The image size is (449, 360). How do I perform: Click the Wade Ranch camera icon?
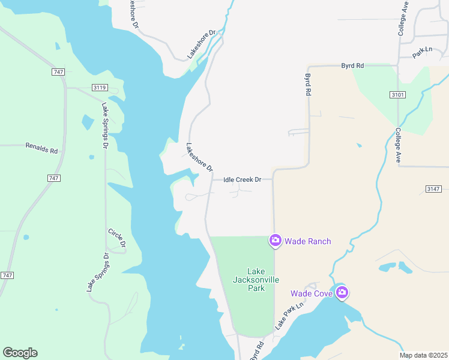tap(275, 241)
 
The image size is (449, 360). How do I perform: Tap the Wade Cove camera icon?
tap(342, 293)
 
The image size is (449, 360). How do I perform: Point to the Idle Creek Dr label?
tap(243, 179)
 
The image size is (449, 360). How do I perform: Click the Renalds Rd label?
tap(41, 146)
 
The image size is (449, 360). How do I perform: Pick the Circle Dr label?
tap(117, 238)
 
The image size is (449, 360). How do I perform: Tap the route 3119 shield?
tap(100, 88)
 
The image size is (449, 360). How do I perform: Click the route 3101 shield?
tap(397, 95)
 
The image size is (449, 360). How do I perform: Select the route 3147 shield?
tap(433, 189)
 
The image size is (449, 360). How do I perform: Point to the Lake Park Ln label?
tap(291, 315)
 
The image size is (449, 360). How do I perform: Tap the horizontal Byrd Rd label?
tap(352, 65)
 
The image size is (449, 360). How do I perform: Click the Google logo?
tap(20, 353)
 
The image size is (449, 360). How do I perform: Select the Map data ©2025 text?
tap(423, 355)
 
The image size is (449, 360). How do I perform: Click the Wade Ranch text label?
tap(307, 241)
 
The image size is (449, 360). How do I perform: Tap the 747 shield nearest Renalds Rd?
tap(53, 179)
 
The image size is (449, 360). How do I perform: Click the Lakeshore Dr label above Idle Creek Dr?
tap(199, 157)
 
